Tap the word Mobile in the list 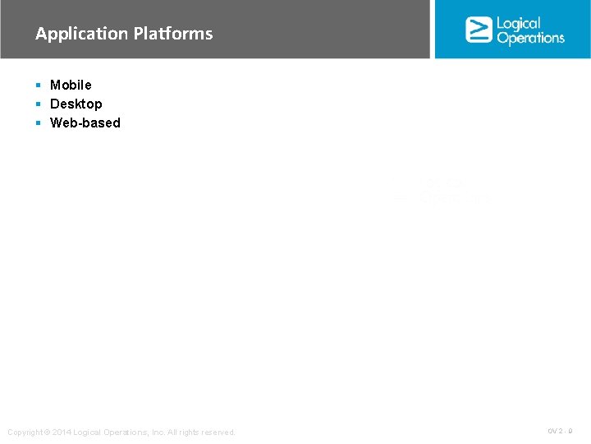point(71,85)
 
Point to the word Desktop point(76,104)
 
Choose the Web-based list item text point(85,123)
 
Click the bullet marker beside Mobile point(39,85)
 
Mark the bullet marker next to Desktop point(39,104)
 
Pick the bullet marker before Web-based point(39,123)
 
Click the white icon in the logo point(478,30)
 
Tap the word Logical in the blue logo point(519,23)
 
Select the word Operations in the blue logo point(530,38)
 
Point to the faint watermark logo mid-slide point(443,192)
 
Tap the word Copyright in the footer point(24,432)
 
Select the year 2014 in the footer point(62,432)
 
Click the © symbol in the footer point(47,432)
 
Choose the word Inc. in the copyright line point(157,432)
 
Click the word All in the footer point(172,432)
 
